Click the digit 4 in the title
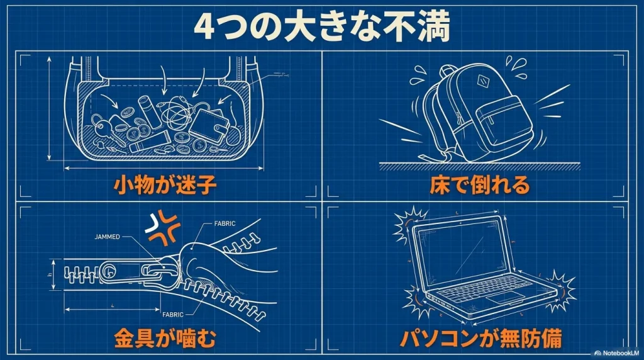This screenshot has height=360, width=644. pos(206,27)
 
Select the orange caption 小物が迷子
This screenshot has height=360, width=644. pos(165,186)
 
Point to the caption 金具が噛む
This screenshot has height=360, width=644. pos(165,338)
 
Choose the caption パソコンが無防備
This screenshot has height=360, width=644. pos(481,338)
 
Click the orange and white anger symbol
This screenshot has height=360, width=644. pos(161,228)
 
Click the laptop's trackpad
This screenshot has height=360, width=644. pos(505,296)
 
